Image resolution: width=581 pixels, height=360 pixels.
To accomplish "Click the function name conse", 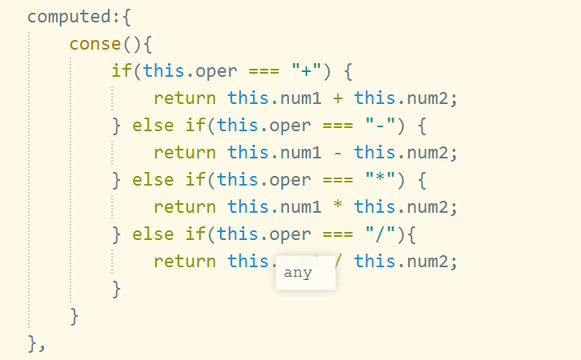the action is (x=94, y=43).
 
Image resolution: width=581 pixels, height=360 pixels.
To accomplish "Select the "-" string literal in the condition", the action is (x=379, y=125).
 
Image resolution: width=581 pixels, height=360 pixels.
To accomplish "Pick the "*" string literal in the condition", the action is (x=379, y=179).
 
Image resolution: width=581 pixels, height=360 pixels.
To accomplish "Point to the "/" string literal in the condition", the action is (x=379, y=234).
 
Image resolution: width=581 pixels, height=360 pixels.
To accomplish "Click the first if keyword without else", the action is (x=121, y=70).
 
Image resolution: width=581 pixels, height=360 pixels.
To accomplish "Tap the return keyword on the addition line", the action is (x=185, y=98).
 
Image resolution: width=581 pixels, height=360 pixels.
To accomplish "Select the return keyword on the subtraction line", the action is (x=185, y=152).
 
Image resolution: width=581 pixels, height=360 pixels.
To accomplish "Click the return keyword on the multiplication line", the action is (x=185, y=206).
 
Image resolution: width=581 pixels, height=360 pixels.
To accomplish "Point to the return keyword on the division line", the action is (x=185, y=261).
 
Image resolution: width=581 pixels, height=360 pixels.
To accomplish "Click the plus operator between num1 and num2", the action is (x=338, y=98).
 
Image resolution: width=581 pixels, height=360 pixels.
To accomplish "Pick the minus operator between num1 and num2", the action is (x=338, y=152).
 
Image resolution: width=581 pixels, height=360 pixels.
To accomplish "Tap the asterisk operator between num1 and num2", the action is (x=338, y=206).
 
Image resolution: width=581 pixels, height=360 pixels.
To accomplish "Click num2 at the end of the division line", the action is (x=433, y=261).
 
